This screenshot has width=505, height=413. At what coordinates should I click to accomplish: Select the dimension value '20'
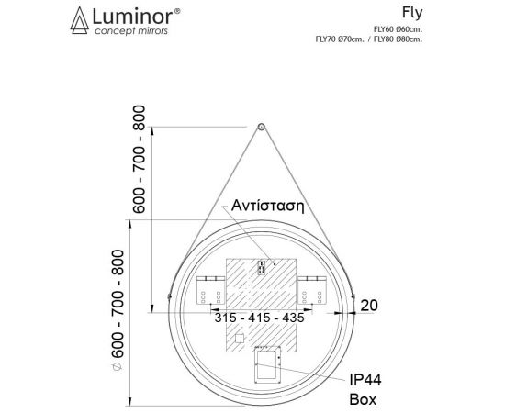(x=370, y=305)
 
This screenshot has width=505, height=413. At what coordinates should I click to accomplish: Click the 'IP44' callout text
(x=364, y=380)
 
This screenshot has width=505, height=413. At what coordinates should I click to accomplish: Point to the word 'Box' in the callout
(x=363, y=400)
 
